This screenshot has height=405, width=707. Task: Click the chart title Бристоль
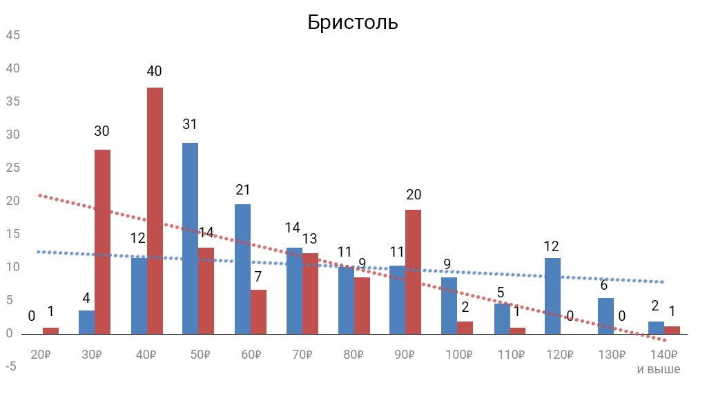pyautogui.click(x=353, y=22)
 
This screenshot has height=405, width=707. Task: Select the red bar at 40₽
pyautogui.click(x=155, y=210)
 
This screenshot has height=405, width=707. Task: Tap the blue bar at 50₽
pyautogui.click(x=190, y=238)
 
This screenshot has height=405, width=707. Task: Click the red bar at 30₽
pyautogui.click(x=103, y=241)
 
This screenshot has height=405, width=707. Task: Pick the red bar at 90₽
pyautogui.click(x=413, y=271)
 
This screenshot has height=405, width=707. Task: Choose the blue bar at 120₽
pyautogui.click(x=552, y=295)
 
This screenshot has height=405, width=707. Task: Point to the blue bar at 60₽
pyautogui.click(x=242, y=269)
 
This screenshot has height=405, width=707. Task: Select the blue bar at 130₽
pyautogui.click(x=606, y=315)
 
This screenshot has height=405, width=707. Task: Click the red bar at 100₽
pyautogui.click(x=465, y=327)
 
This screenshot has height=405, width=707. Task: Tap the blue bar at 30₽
pyautogui.click(x=86, y=322)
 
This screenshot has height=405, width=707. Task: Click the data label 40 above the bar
pyautogui.click(x=154, y=71)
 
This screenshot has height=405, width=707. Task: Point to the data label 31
pyautogui.click(x=190, y=125)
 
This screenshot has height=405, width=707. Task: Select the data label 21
pyautogui.click(x=242, y=190)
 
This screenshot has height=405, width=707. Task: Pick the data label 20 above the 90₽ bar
pyautogui.click(x=414, y=195)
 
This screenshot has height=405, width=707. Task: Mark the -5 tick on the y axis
pyautogui.click(x=11, y=366)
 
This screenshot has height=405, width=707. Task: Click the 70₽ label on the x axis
pyautogui.click(x=301, y=355)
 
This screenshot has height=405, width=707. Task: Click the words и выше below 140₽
pyautogui.click(x=658, y=370)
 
